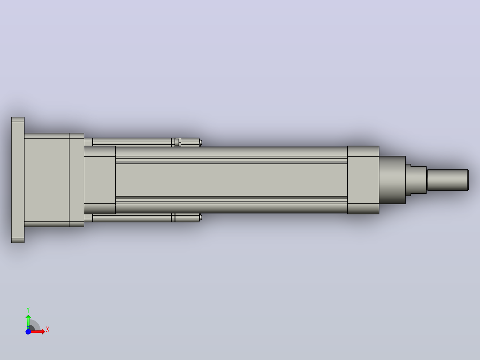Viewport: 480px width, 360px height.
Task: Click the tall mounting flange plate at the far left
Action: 18,180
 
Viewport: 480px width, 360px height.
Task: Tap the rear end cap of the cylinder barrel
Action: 100,180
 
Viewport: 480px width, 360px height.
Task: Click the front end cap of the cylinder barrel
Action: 363,180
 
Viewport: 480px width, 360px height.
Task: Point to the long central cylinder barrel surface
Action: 232,180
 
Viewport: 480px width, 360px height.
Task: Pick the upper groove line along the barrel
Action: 232,160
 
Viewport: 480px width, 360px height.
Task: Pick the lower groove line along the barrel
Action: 232,199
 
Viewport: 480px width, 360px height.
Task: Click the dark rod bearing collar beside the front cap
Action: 392,180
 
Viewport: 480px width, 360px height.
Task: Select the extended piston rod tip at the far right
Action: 448,180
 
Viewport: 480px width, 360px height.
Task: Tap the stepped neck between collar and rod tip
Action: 416,180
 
